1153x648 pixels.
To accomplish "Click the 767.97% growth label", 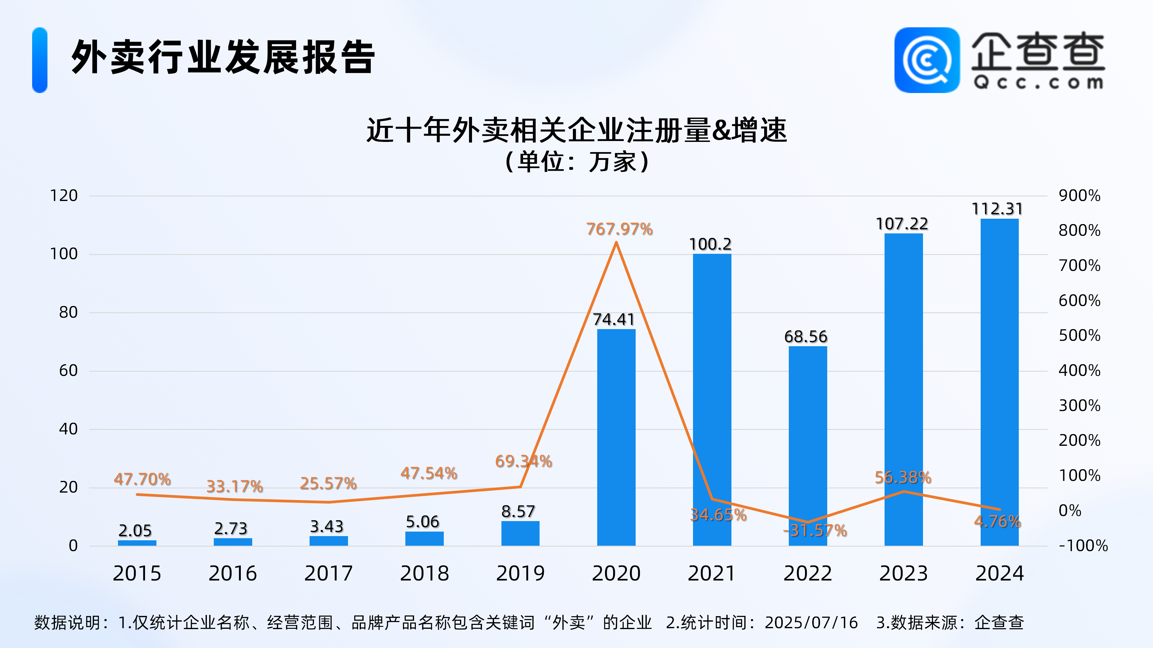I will pyautogui.click(x=619, y=229).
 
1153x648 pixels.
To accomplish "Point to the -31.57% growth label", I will pyautogui.click(x=815, y=530).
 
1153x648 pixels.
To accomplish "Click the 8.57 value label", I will pyautogui.click(x=518, y=511).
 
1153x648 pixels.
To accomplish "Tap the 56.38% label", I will pyautogui.click(x=903, y=477).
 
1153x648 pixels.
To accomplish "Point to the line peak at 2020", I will pyautogui.click(x=616, y=243).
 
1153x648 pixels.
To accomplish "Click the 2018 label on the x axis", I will pyautogui.click(x=424, y=573).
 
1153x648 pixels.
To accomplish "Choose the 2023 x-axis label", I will pyautogui.click(x=903, y=573).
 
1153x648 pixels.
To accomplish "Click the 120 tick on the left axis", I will pyautogui.click(x=64, y=195).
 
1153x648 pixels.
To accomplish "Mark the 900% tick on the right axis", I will pyautogui.click(x=1079, y=195).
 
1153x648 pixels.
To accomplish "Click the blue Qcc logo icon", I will pyautogui.click(x=927, y=60).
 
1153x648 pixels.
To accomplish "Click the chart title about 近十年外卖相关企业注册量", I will pyautogui.click(x=576, y=130).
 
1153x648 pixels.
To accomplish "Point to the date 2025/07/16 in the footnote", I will pyautogui.click(x=811, y=622).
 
